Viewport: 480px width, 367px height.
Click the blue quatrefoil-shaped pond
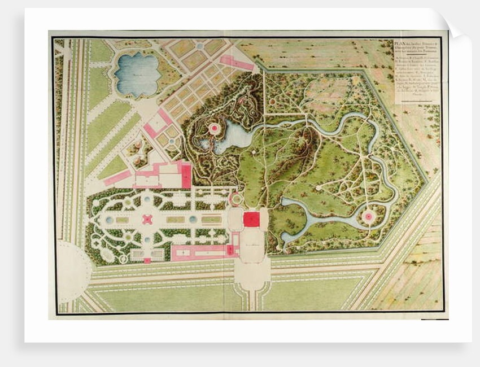pyautogui.click(x=137, y=74)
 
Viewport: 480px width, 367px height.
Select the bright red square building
pyautogui.click(x=251, y=219)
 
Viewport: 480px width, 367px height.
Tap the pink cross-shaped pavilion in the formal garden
pyautogui.click(x=147, y=219)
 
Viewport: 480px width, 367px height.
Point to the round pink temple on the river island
pyautogui.click(x=368, y=216)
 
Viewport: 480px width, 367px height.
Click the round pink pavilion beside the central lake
pyautogui.click(x=215, y=129)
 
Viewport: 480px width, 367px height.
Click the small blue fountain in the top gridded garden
pyautogui.click(x=199, y=46)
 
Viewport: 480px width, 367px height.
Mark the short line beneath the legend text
pyautogui.click(x=416, y=99)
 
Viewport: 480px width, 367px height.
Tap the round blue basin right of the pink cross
pyautogui.click(x=193, y=219)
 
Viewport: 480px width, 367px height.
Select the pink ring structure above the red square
pyautogui.click(x=235, y=198)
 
